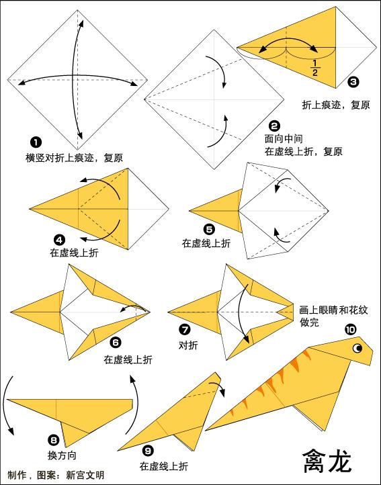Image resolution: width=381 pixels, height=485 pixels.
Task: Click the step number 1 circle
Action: click(35, 141)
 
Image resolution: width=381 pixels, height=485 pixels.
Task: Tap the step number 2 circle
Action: click(273, 126)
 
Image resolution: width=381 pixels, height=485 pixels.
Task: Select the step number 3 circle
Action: click(353, 83)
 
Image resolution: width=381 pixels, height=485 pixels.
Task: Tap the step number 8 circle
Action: click(54, 440)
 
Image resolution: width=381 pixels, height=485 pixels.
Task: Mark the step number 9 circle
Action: click(149, 451)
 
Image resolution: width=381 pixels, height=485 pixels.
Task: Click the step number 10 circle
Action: click(350, 329)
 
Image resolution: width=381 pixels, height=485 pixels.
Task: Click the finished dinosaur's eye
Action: click(357, 349)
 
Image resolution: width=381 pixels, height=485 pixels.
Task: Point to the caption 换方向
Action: click(62, 455)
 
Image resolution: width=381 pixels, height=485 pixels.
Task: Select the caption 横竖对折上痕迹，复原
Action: click(74, 157)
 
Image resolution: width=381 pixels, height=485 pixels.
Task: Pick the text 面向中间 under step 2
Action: click(283, 139)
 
